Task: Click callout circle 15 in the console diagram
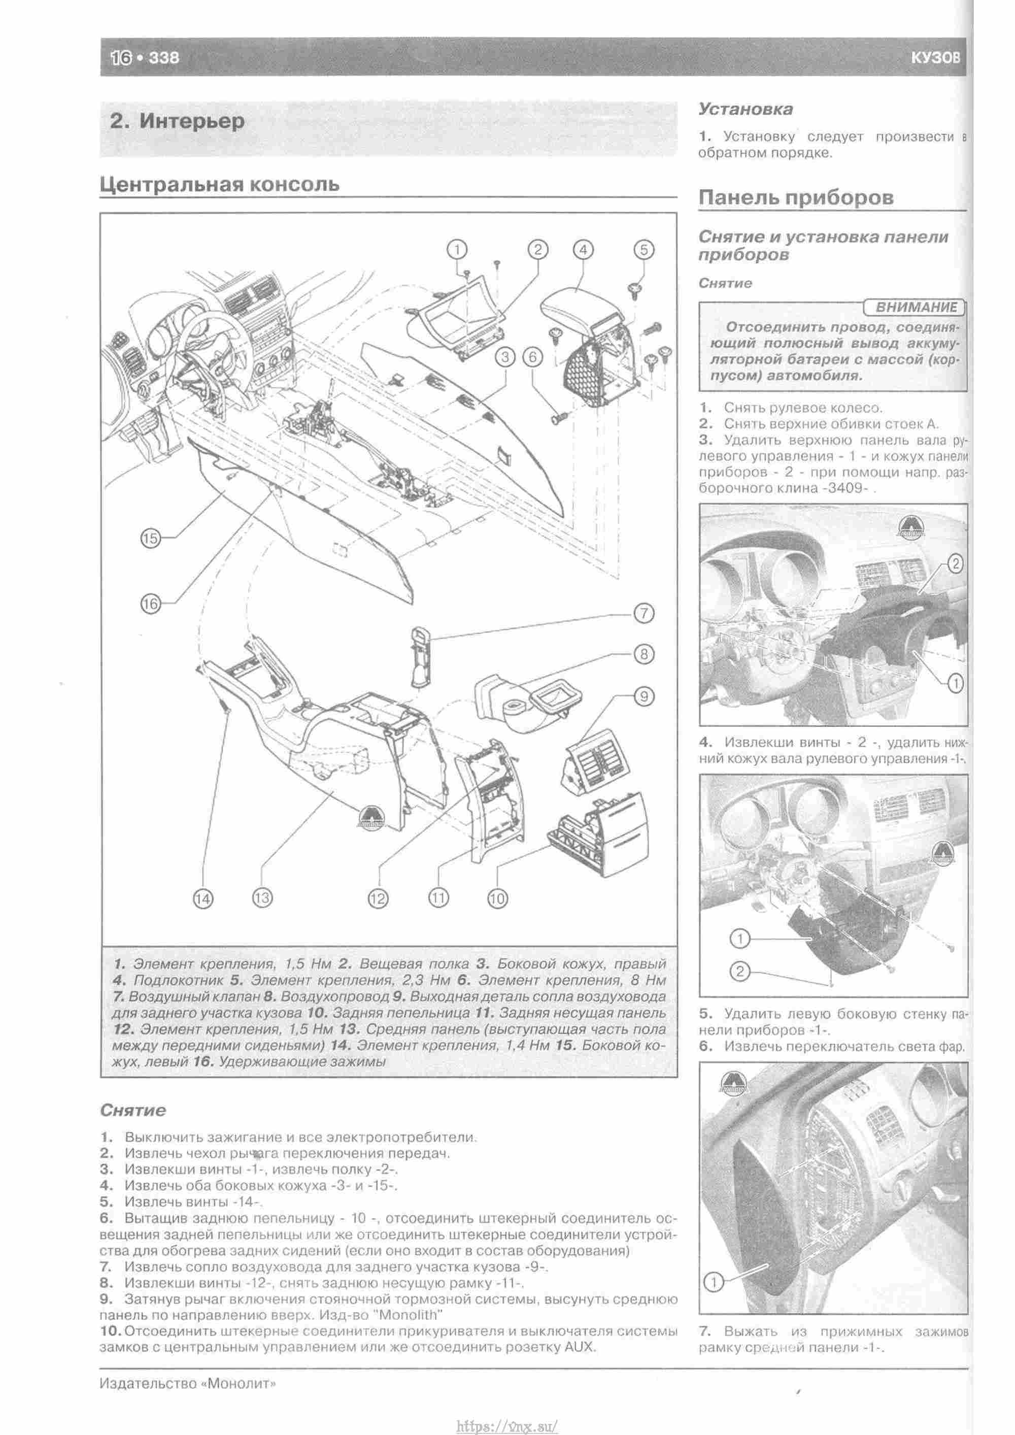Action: pos(151,538)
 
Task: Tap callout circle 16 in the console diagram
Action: pos(151,604)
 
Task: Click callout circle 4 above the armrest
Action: pos(583,250)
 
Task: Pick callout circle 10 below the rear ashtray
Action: pos(497,899)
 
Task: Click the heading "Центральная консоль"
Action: pos(220,184)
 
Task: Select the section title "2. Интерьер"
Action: pos(177,121)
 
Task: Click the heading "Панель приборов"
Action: pos(796,197)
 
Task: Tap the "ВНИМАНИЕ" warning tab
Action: pos(915,307)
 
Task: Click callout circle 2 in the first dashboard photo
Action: pos(955,564)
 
